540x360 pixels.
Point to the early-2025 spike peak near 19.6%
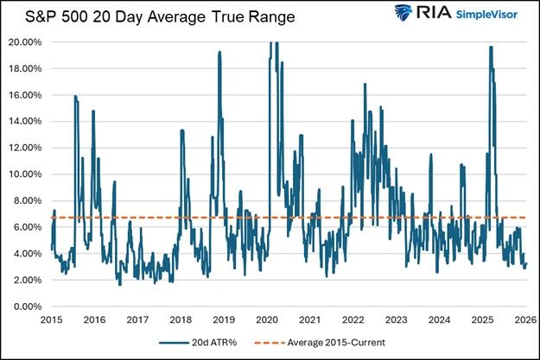[x=491, y=47]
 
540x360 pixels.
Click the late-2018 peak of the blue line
[x=219, y=52]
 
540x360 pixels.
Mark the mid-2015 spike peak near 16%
[x=75, y=96]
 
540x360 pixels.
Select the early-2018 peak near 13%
[x=181, y=130]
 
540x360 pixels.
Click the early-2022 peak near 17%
[x=365, y=84]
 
